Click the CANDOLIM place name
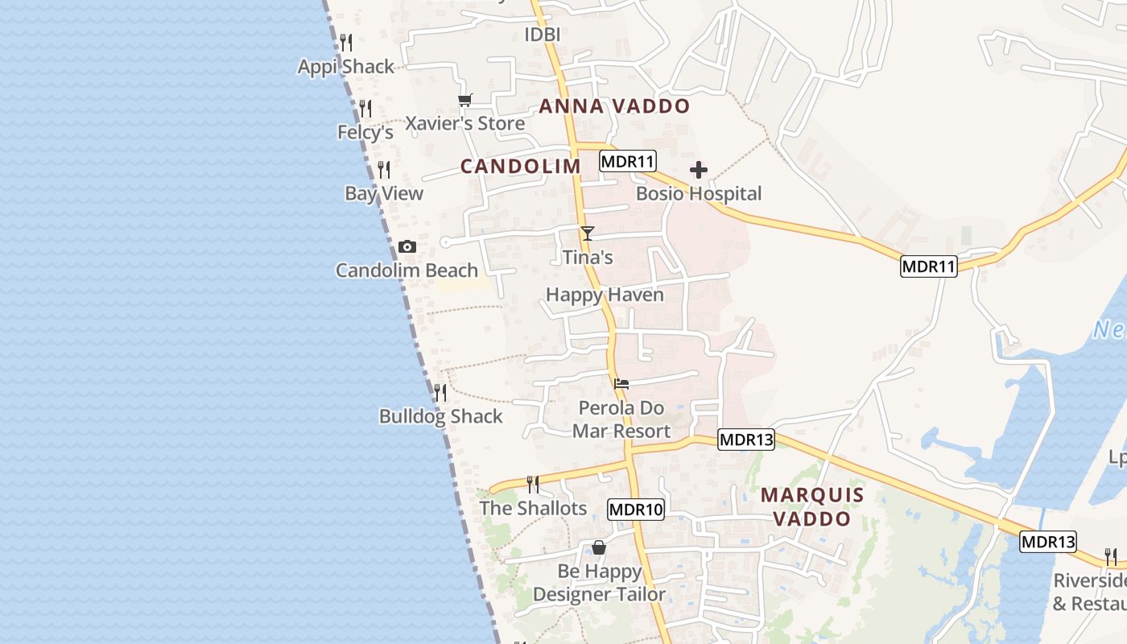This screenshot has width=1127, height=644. [520, 166]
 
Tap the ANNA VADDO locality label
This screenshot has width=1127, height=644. [614, 106]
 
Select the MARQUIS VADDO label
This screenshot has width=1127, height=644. [811, 506]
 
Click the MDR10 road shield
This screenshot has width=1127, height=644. [636, 509]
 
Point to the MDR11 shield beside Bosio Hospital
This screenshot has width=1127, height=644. [628, 162]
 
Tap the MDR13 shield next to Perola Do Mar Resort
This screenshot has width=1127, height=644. [746, 440]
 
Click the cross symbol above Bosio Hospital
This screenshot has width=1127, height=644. [699, 170]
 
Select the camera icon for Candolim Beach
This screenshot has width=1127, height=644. [407, 247]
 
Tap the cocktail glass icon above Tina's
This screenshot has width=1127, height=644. [588, 233]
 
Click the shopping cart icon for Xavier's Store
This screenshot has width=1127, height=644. [464, 100]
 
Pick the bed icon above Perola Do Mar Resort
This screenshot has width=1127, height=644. [621, 384]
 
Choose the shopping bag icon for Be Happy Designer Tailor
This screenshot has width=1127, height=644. [599, 547]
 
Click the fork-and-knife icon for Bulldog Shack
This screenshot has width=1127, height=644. [440, 393]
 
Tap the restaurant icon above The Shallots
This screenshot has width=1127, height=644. [533, 484]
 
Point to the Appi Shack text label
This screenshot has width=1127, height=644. [346, 67]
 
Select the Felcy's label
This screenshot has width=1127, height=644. [365, 131]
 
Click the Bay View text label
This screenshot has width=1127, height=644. [384, 193]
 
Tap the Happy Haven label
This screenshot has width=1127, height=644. [605, 295]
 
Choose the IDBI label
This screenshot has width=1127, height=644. [543, 35]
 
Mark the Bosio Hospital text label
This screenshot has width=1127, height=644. [699, 193]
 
